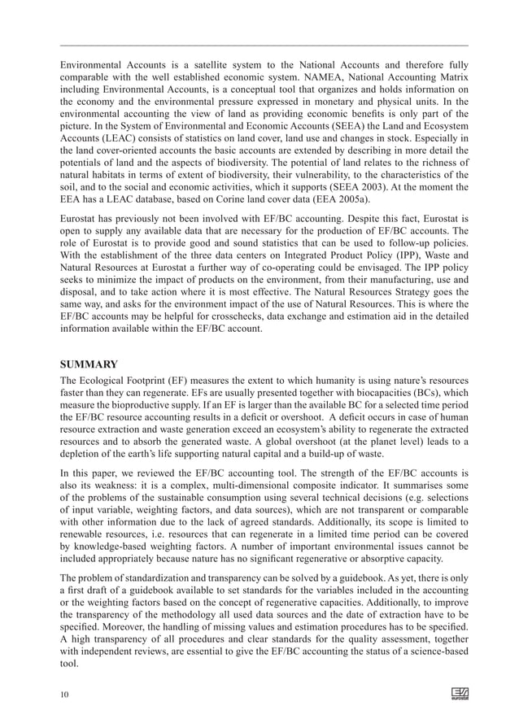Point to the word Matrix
point(452,74)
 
